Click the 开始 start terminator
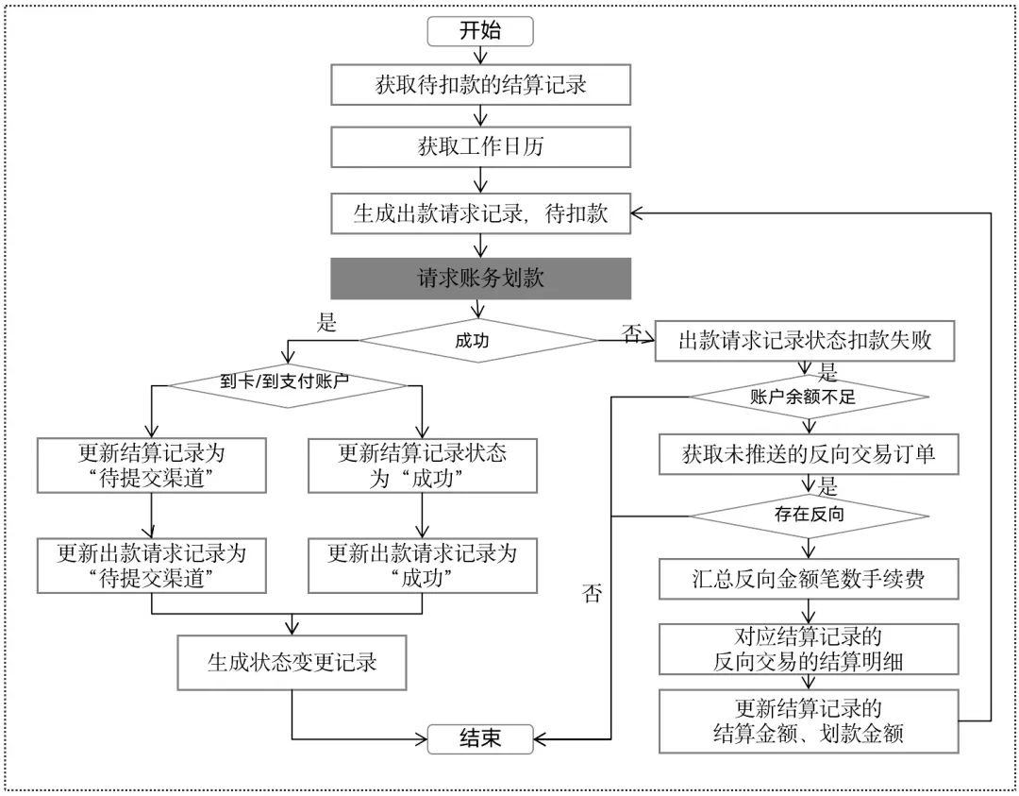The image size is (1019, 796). (480, 31)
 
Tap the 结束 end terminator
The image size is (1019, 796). (480, 737)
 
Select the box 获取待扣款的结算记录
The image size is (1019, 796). (480, 85)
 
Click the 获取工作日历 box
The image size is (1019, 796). (480, 147)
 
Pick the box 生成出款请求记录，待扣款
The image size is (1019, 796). (480, 213)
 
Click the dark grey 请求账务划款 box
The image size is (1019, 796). (480, 279)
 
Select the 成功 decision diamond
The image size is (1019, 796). (480, 341)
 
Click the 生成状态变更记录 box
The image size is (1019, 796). (292, 662)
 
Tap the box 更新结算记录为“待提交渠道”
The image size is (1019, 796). (152, 465)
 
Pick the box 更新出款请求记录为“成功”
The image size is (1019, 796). (422, 564)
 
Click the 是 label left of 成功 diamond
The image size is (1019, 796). (326, 323)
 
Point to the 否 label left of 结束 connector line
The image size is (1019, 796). (592, 594)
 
